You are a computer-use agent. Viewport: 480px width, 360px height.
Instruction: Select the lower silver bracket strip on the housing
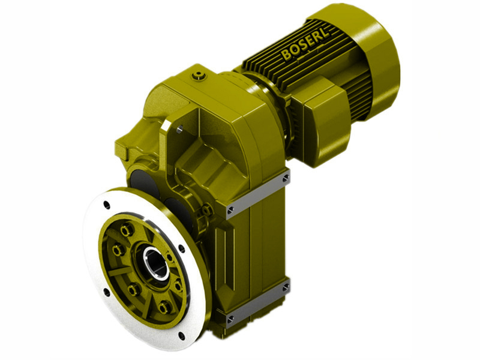(x=258, y=300)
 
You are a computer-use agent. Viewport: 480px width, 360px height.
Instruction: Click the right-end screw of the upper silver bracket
(x=286, y=178)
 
